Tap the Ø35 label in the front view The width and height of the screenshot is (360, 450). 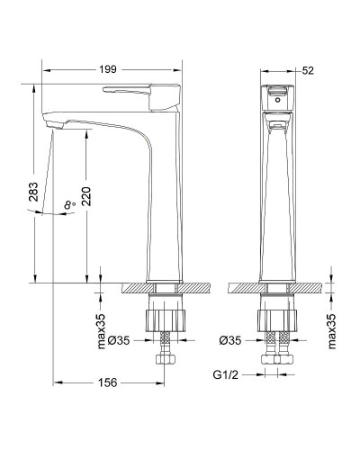coord(229,341)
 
